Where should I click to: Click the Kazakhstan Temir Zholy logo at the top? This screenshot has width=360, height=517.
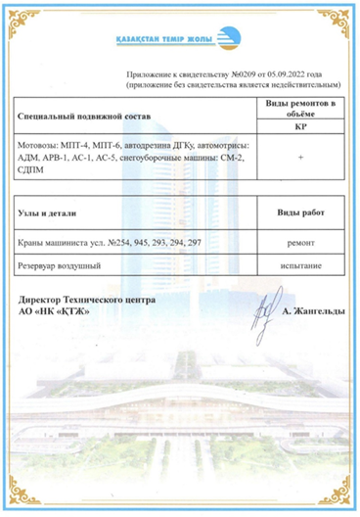180,41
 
